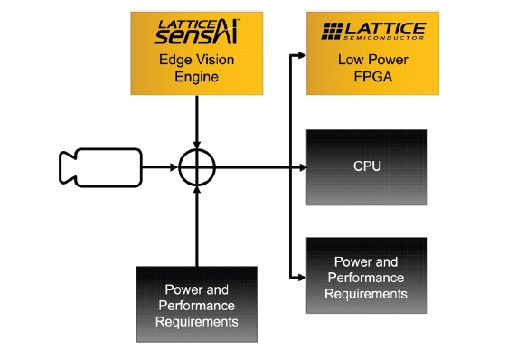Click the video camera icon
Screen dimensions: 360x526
coord(99,167)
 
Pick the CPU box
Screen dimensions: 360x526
coord(366,166)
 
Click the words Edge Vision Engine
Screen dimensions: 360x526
coord(195,70)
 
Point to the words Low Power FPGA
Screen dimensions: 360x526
coord(366,70)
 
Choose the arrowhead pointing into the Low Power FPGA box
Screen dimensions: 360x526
coord(301,55)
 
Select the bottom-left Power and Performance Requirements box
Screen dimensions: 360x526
coord(195,304)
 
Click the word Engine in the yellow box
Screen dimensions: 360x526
coord(195,78)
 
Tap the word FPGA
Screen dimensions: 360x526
coord(366,78)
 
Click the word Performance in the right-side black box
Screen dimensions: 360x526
coord(366,278)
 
